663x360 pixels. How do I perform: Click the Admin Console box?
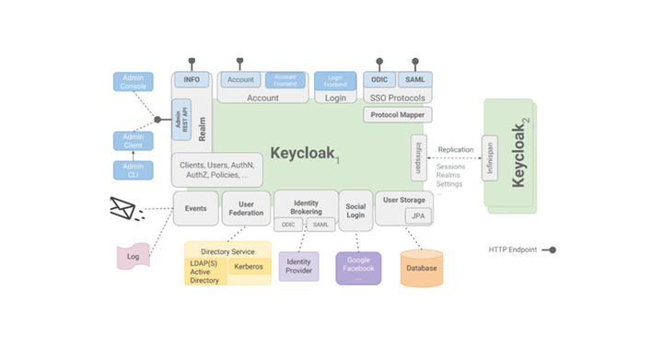133,82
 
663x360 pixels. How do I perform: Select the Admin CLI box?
133,170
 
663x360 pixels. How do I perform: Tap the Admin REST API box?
181,120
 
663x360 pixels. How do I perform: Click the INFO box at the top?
192,80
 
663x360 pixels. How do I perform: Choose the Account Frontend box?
285,80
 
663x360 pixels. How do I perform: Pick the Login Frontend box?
335,80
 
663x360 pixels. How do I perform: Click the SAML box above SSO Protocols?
414,80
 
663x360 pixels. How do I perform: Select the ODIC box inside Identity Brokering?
288,225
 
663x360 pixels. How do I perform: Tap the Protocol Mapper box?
400,115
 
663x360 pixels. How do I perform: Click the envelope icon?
124,209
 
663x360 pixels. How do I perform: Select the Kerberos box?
249,267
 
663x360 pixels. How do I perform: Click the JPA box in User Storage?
418,215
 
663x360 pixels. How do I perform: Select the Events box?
196,209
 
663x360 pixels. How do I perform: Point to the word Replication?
456,149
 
